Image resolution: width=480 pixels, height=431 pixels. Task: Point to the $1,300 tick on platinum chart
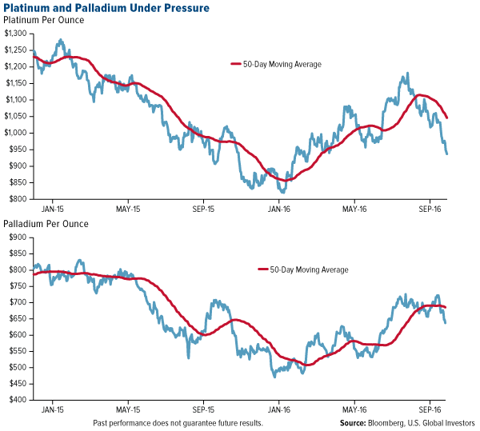[15, 34]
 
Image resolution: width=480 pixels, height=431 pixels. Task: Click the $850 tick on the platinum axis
[18, 182]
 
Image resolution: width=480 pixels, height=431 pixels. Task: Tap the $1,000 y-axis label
[15, 133]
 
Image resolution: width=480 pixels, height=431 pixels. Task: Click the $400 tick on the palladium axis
[18, 400]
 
